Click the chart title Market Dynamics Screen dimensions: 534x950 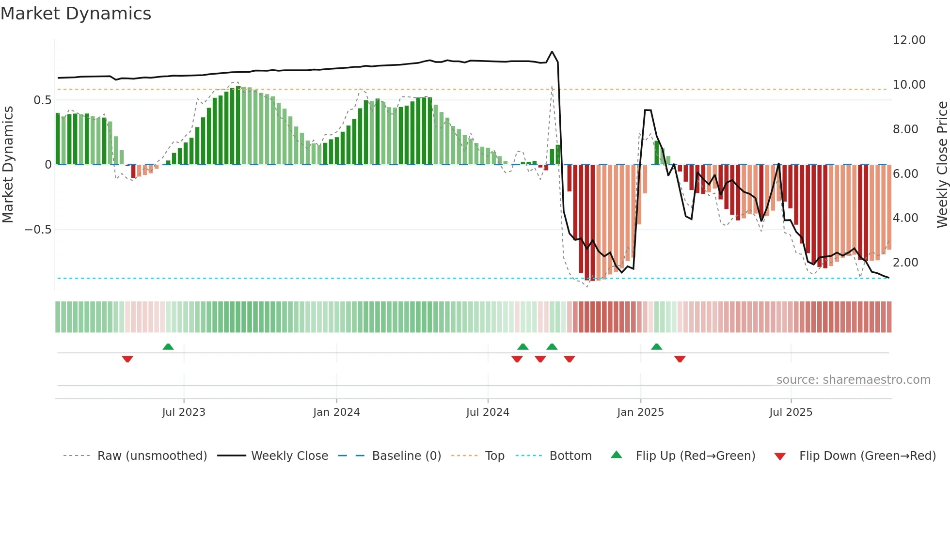[x=76, y=14]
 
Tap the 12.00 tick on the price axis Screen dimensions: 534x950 [x=909, y=40]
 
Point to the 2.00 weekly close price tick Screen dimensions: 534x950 [x=905, y=263]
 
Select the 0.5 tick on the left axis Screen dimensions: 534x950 [x=42, y=100]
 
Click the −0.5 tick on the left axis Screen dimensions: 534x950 [x=38, y=230]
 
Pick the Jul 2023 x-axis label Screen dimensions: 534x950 [x=184, y=412]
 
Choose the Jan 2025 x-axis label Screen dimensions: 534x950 [x=640, y=412]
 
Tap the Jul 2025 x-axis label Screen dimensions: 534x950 [x=791, y=412]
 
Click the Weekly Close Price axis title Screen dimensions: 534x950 [x=942, y=164]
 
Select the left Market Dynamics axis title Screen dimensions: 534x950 [x=8, y=164]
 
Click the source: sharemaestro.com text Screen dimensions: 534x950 [x=853, y=380]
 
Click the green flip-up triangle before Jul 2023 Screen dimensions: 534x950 [x=168, y=347]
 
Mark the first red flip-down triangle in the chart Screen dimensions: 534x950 [x=127, y=359]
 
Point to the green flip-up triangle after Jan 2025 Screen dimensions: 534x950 [x=657, y=347]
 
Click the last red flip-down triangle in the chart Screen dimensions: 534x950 [x=680, y=359]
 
